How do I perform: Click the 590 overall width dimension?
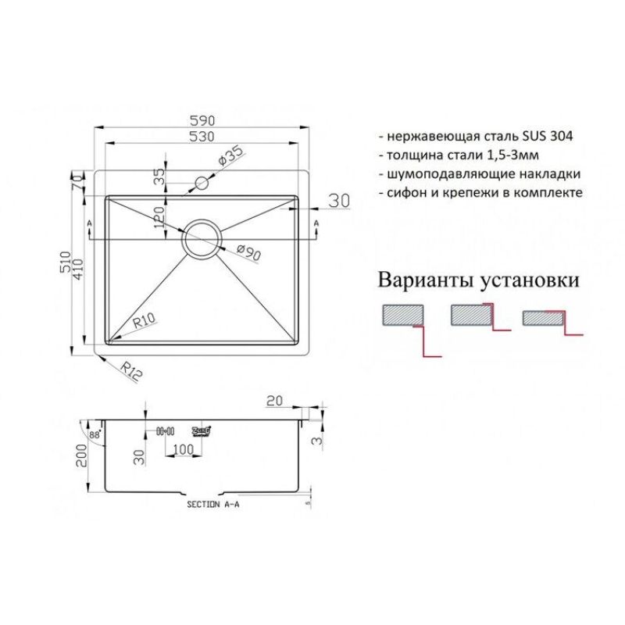point(202,120)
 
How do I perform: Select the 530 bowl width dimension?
point(202,137)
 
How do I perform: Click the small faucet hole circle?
point(202,184)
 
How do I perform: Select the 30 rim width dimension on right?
point(337,202)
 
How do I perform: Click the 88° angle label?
point(95,435)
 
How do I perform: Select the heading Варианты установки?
point(479,280)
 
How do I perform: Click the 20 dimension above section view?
point(274,402)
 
